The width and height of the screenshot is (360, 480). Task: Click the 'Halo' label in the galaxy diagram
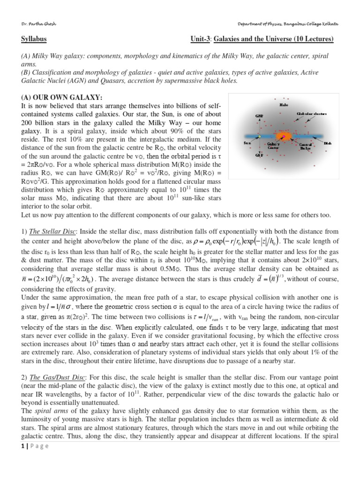tap(284, 105)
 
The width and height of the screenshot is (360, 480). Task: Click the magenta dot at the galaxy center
tap(285, 137)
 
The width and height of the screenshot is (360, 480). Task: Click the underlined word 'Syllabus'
tap(34, 39)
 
